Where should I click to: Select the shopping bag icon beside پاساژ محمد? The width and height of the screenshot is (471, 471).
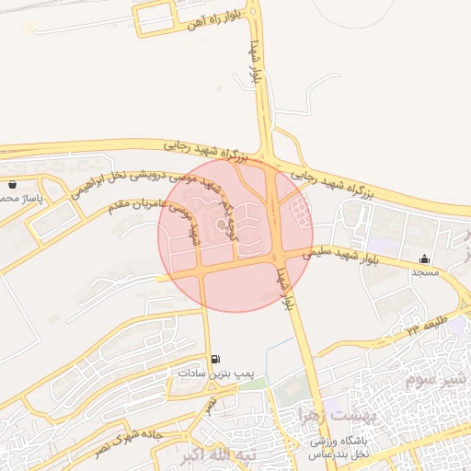coord(11,185)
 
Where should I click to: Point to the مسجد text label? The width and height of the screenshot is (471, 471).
coord(425,272)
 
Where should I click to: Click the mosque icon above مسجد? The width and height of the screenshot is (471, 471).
coord(424,258)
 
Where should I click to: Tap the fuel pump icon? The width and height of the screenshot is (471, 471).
coord(215,359)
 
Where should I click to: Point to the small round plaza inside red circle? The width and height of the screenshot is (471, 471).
coord(221,224)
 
